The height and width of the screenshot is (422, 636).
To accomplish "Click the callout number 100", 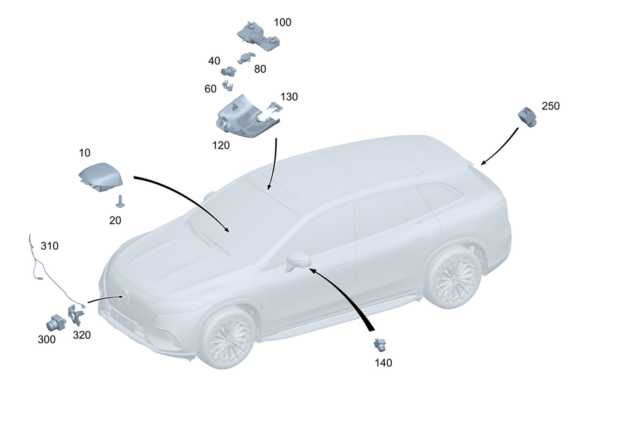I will coord(282,22).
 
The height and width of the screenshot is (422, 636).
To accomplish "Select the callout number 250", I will coord(550,106).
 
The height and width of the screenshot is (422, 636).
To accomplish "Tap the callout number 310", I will coord(50,245).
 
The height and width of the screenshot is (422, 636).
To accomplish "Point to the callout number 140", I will coord(384,363).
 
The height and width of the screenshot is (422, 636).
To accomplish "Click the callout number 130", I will coord(289,97).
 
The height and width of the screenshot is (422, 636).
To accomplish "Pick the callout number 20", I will coord(114,220).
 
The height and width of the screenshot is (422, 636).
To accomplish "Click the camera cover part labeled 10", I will coord(100,176).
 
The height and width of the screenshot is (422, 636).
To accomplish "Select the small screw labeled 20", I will coord(120,201).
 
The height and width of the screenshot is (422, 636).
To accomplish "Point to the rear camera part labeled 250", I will coord(527,116).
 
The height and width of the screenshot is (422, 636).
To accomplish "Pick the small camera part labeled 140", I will coord(380,345).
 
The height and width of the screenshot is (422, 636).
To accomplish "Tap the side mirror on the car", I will coord(298,260).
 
